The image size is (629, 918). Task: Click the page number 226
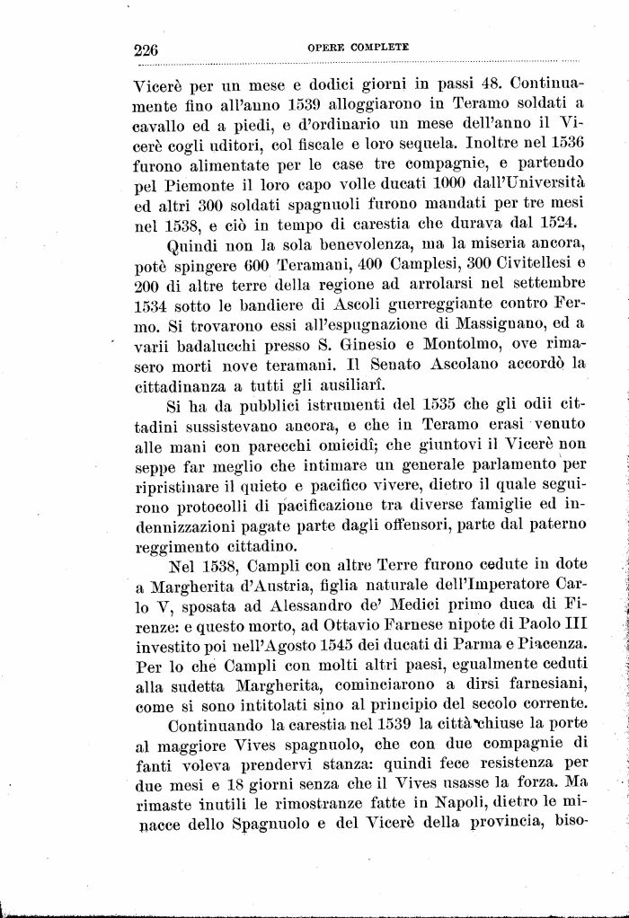point(146,49)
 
